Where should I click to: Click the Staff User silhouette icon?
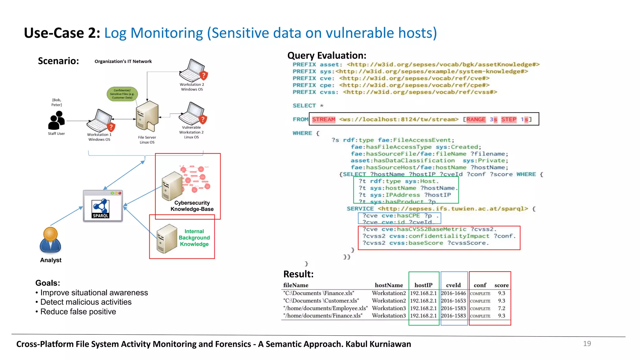(56, 120)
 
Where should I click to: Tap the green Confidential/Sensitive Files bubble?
(122, 94)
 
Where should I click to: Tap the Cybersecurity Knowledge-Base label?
(192, 206)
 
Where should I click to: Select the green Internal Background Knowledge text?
(194, 238)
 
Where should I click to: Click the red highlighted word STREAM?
(323, 119)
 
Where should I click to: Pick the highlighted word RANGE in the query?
(476, 119)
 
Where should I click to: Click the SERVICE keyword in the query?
(360, 209)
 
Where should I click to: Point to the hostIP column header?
(423, 285)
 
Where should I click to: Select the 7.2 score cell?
(501, 308)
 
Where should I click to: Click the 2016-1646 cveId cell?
(453, 293)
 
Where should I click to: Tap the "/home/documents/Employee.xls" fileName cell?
(325, 308)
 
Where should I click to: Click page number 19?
(587, 344)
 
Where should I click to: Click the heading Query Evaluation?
(327, 56)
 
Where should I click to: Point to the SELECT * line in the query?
(308, 106)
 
